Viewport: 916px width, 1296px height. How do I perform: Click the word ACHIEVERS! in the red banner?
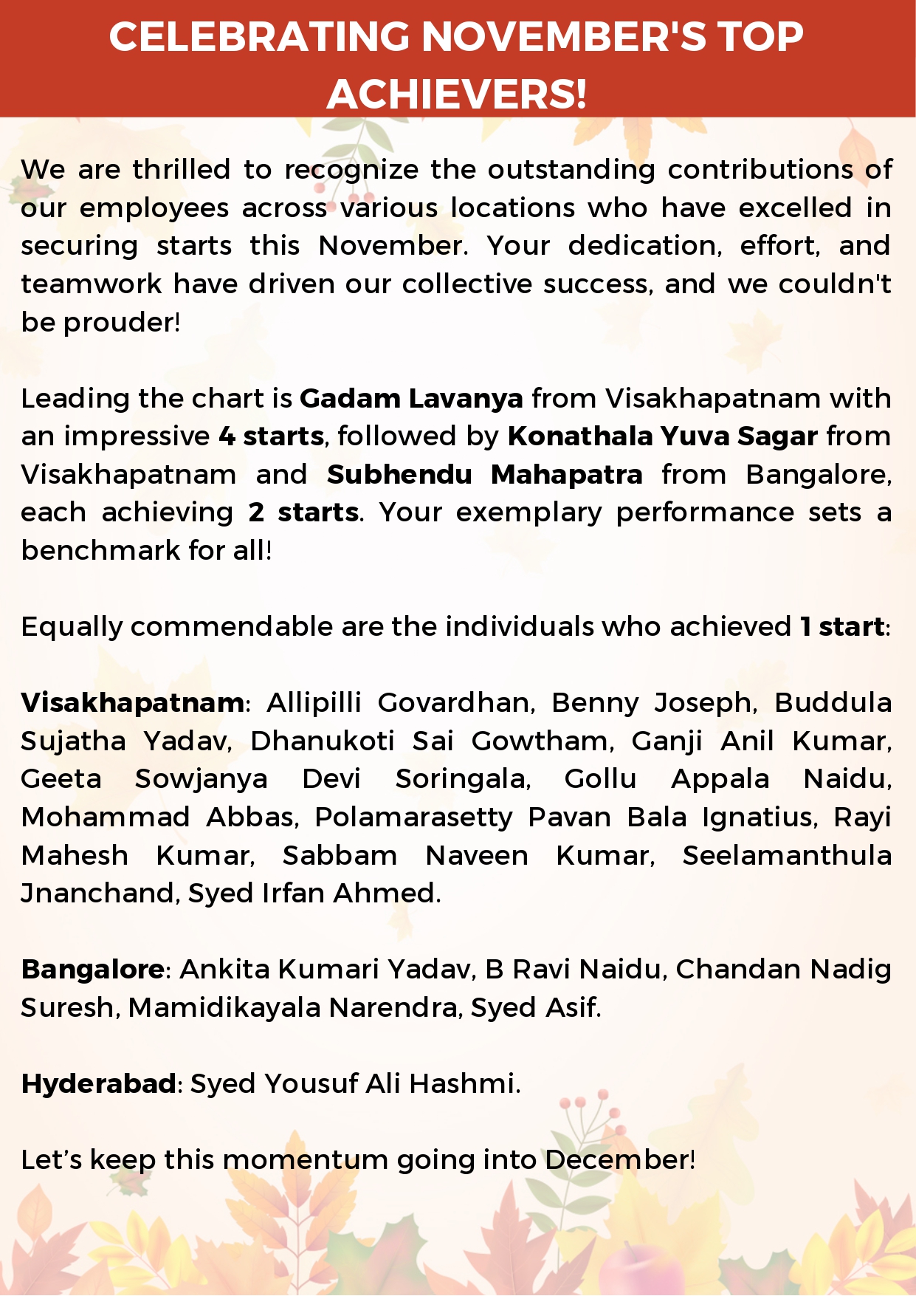pos(457,94)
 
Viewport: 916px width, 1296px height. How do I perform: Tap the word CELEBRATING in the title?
pos(259,37)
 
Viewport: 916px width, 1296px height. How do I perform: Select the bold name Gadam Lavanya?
pos(411,399)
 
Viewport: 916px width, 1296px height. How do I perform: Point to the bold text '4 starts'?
pos(271,436)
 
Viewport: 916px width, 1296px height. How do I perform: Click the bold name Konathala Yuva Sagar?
pos(662,436)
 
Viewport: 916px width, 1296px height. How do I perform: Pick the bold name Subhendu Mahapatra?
pos(484,475)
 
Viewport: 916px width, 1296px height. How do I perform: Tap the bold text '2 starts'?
pos(303,512)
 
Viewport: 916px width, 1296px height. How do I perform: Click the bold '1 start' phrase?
pos(842,627)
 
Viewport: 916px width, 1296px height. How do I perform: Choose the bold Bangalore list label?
pos(93,970)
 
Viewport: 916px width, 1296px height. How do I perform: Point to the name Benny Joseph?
pos(653,703)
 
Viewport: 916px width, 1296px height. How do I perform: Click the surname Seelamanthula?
pos(787,856)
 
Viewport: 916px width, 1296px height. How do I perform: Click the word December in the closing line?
pos(619,1160)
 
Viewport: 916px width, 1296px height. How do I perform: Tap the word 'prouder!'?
pos(122,323)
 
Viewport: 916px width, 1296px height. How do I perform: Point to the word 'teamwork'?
pos(91,284)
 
